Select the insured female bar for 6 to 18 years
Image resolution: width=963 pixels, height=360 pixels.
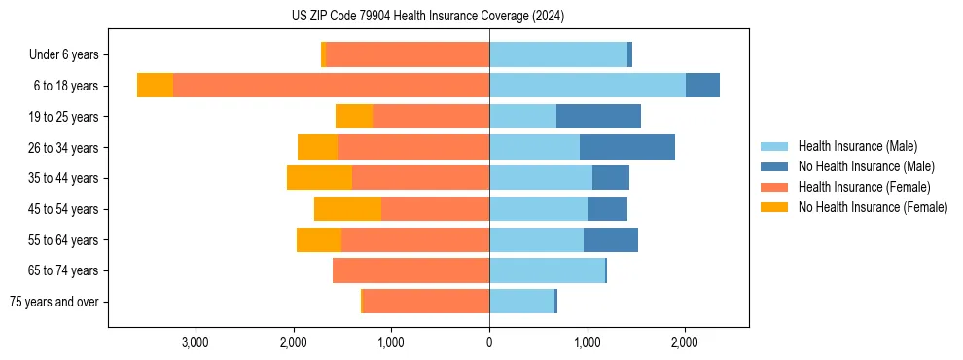point(331,86)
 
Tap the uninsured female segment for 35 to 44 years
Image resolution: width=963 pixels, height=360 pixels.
point(319,178)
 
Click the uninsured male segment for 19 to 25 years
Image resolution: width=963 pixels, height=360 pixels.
point(598,117)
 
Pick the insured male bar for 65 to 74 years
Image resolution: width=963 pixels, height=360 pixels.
point(547,270)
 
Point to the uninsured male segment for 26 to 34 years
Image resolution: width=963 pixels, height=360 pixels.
point(627,147)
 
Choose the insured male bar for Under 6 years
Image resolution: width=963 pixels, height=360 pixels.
point(558,54)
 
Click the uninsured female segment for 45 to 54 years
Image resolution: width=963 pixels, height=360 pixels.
point(347,209)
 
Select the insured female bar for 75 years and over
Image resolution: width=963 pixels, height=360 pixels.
point(426,302)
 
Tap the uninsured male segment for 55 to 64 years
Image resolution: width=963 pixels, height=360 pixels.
point(611,239)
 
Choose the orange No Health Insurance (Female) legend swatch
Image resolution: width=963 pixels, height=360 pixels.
point(774,207)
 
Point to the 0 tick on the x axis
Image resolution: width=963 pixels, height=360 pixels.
point(489,342)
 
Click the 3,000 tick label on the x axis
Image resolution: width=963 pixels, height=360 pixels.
point(196,342)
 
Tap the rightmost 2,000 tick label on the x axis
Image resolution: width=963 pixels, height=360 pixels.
point(685,342)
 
